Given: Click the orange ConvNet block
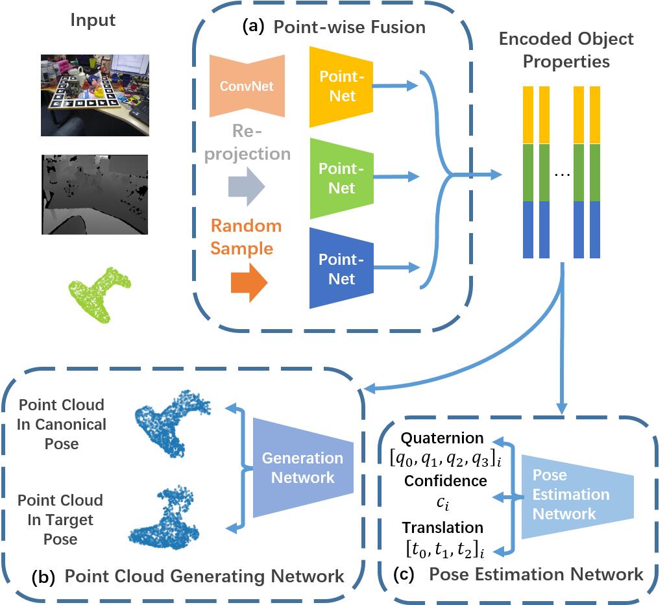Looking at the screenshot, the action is [x=247, y=86].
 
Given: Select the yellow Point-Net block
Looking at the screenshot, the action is [x=341, y=87].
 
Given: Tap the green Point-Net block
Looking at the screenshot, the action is [x=341, y=179].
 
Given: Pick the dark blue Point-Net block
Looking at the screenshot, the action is [x=341, y=269].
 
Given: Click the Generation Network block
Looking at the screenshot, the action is [x=303, y=467].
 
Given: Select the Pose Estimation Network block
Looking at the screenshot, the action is [x=577, y=497].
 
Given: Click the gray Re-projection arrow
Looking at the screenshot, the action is [x=247, y=186].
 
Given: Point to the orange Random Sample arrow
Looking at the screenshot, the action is [x=249, y=282].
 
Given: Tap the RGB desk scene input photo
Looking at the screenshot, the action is [x=95, y=95].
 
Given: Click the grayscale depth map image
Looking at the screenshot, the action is [x=95, y=195].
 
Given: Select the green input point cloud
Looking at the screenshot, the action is [x=99, y=295].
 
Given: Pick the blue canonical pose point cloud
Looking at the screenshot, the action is [x=171, y=423].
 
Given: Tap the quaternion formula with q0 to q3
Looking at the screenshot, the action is [x=445, y=459].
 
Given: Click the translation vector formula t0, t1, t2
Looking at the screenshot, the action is [x=445, y=549].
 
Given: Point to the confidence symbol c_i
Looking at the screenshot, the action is [x=443, y=503].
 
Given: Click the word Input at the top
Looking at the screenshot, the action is [x=93, y=20].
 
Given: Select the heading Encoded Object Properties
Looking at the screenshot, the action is [x=566, y=50].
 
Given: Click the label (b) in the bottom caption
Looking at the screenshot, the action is [x=43, y=577].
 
